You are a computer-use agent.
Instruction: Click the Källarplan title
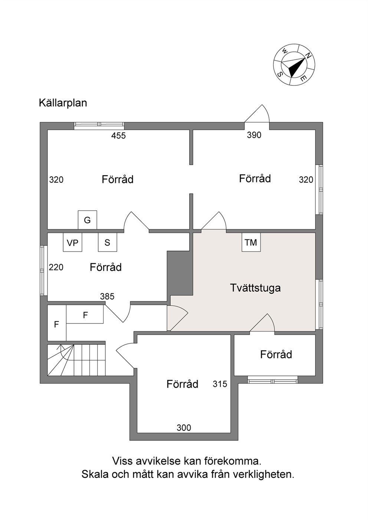point(63,103)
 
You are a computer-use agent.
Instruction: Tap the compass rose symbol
point(294,64)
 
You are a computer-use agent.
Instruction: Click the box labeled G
point(87,220)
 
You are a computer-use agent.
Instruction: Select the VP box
point(72,242)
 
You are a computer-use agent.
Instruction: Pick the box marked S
point(107,242)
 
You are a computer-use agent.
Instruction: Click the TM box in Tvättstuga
point(251,242)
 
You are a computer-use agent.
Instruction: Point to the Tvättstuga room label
point(255,288)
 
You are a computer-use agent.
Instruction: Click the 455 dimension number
point(118,136)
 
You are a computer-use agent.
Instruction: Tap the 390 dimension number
point(254,135)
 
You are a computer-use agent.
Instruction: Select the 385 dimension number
point(107,296)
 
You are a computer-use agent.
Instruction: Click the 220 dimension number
point(56,267)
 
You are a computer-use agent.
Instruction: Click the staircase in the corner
point(76,360)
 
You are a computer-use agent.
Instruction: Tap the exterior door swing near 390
point(257,114)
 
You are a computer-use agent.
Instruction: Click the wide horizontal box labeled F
point(85,315)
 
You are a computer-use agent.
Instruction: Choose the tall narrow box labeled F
point(57,324)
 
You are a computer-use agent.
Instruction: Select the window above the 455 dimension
point(99,126)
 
